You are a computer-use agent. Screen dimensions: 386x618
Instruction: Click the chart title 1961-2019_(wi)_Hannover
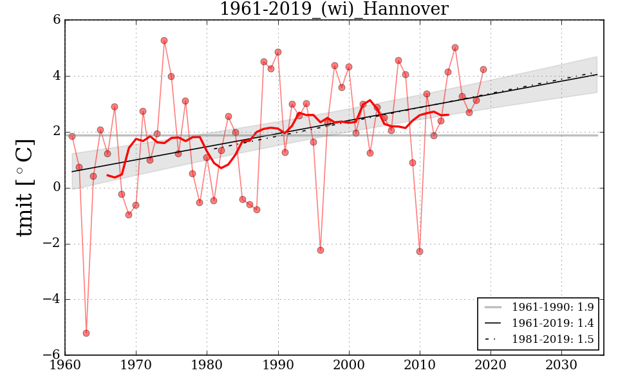(333, 10)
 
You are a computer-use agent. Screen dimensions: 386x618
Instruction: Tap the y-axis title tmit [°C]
(24, 187)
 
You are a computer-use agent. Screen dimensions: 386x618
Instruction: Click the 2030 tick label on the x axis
(561, 365)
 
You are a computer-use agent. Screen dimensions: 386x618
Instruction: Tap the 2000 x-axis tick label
(349, 365)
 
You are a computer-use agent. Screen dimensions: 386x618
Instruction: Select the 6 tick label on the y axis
(57, 20)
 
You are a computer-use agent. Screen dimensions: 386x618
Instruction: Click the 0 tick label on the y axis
(57, 187)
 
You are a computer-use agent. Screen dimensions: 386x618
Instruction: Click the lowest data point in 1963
(86, 333)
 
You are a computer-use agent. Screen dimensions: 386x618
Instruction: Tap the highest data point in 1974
(164, 41)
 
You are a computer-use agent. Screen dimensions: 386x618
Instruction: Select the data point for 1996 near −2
(320, 250)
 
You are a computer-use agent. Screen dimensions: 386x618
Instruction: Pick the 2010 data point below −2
(420, 252)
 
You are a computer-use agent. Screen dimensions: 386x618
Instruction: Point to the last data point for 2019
(483, 69)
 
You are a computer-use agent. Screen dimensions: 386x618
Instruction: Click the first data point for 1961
(72, 136)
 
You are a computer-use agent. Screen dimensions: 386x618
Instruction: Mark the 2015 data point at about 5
(455, 48)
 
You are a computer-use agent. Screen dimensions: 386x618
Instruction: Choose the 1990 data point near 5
(278, 52)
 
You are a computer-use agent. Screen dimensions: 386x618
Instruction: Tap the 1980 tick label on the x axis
(207, 365)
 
